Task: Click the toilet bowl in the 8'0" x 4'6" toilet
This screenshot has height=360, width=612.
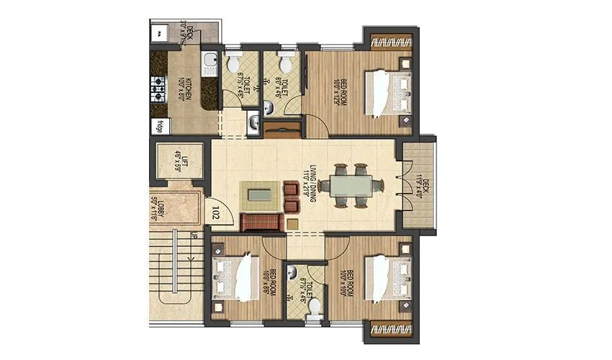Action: (285, 66)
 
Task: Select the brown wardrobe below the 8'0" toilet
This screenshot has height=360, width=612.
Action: (282, 130)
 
